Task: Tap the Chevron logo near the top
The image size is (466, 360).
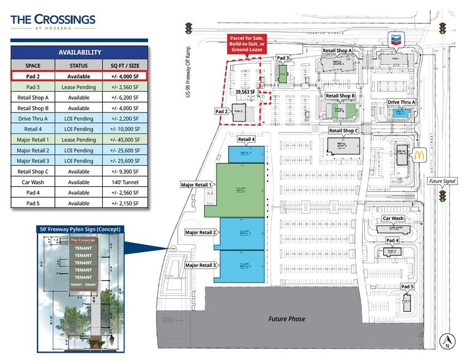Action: (397, 39)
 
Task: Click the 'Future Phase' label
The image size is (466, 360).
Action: (287, 319)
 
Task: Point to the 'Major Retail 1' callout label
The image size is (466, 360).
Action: (196, 184)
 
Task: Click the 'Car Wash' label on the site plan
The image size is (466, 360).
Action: (393, 218)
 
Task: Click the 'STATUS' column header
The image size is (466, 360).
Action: (78, 66)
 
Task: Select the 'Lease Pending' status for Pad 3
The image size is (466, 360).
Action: (78, 87)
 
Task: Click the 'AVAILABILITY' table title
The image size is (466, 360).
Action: (79, 53)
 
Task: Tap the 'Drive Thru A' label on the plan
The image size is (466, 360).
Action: (401, 102)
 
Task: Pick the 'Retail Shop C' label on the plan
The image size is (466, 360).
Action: (344, 131)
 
